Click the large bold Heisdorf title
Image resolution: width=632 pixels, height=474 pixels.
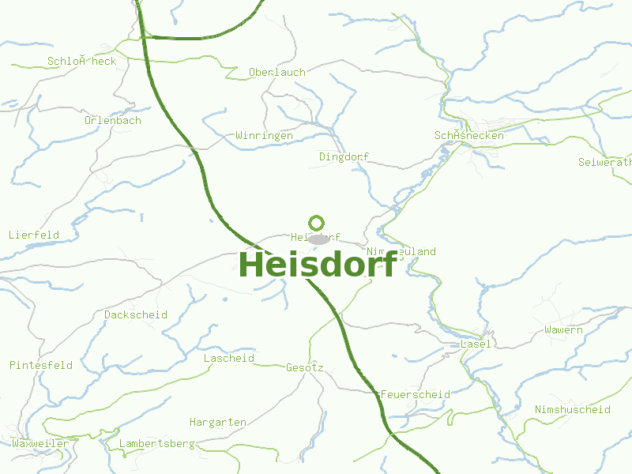[318, 264]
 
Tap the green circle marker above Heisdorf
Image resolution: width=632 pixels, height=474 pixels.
[317, 223]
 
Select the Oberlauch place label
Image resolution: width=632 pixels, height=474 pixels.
[276, 72]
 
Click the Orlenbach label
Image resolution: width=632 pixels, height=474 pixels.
[113, 121]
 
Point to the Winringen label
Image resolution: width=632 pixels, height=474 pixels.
[264, 136]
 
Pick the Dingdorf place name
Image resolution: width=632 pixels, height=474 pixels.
[344, 156]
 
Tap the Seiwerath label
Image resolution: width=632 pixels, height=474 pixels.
[605, 163]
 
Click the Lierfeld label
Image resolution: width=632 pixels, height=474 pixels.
[34, 235]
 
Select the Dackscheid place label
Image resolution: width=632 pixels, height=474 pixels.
[136, 314]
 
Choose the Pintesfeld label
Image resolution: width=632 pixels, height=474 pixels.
[41, 365]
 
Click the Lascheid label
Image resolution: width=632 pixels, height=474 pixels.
[229, 358]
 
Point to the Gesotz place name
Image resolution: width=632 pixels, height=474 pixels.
[305, 367]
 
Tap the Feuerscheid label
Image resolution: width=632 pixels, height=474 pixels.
[415, 394]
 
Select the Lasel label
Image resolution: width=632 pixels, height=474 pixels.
[476, 344]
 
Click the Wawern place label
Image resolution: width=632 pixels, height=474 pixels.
[563, 329]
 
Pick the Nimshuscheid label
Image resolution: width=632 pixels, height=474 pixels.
[573, 409]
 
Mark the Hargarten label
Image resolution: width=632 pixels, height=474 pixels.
[218, 422]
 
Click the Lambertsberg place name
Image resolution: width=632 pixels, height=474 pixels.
[156, 444]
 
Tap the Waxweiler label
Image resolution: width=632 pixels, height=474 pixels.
[39, 443]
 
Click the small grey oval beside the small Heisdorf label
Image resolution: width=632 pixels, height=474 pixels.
[318, 239]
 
